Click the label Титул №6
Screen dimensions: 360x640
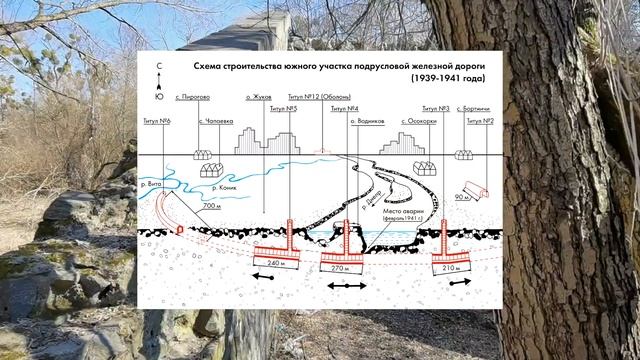(x=156, y=120)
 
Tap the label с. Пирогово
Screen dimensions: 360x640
(x=192, y=98)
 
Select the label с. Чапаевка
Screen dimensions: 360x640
(x=216, y=120)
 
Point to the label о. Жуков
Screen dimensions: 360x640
(x=259, y=98)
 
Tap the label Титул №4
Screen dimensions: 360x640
(x=345, y=109)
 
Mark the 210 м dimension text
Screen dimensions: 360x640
(x=452, y=268)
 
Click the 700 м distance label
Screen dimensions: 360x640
(x=211, y=205)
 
